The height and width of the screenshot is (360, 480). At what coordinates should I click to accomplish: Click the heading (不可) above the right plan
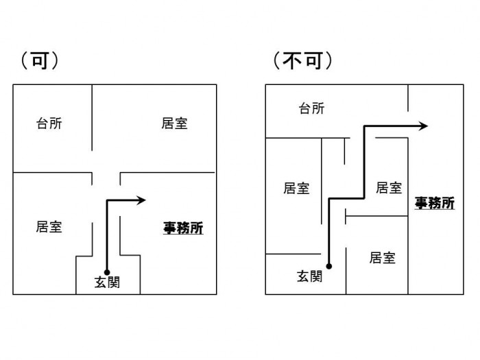pos(302,60)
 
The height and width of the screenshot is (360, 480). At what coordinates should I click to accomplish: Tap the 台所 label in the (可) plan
pos(49,124)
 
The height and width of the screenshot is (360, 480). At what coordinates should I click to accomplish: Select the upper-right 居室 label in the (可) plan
pos(175,123)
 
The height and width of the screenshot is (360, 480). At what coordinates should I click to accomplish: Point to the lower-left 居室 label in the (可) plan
pos(49,227)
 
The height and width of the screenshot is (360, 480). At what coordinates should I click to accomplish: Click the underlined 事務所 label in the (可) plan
pos(182,228)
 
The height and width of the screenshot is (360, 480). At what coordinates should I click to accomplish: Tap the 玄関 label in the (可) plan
pos(106,282)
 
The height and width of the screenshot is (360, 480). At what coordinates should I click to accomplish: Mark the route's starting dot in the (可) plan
pos(106,272)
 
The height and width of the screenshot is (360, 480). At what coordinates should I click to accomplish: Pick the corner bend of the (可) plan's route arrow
pos(106,200)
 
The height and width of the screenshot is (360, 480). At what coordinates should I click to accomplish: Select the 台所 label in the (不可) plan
pos(312,108)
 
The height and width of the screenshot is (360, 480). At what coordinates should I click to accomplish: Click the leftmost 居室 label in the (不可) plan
pos(296,189)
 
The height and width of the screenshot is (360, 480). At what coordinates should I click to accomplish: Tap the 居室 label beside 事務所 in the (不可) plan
pos(389,188)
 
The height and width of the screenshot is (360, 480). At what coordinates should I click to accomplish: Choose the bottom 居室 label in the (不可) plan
pos(382,258)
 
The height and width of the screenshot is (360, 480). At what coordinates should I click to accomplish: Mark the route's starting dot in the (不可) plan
pos(329,266)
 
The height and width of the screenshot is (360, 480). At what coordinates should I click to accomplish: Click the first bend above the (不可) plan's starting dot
pos(329,200)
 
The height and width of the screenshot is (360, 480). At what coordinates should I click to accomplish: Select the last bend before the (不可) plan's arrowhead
pos(364,126)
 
